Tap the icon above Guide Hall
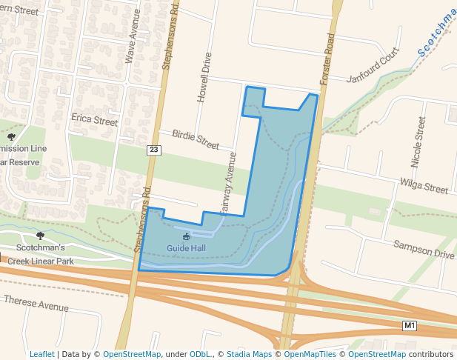186,236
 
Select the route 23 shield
153,150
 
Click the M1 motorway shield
410,326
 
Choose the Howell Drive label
205,78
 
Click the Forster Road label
327,59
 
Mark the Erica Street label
94,120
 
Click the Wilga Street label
424,186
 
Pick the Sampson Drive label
424,249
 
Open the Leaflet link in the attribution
41,354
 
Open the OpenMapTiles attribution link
310,354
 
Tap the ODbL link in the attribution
201,354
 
